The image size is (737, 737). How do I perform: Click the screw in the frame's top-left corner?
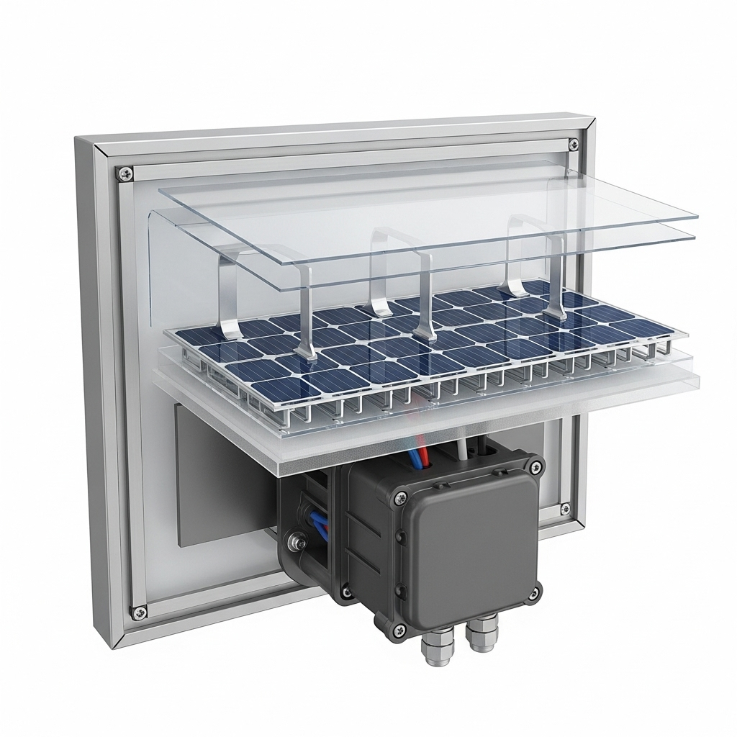tap(126, 173)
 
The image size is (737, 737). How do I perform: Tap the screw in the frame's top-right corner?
tap(573, 145)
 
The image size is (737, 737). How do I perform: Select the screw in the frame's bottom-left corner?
tap(139, 612)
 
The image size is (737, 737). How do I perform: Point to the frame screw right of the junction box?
tap(565, 509)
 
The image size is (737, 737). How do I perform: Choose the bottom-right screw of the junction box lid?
tap(533, 593)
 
